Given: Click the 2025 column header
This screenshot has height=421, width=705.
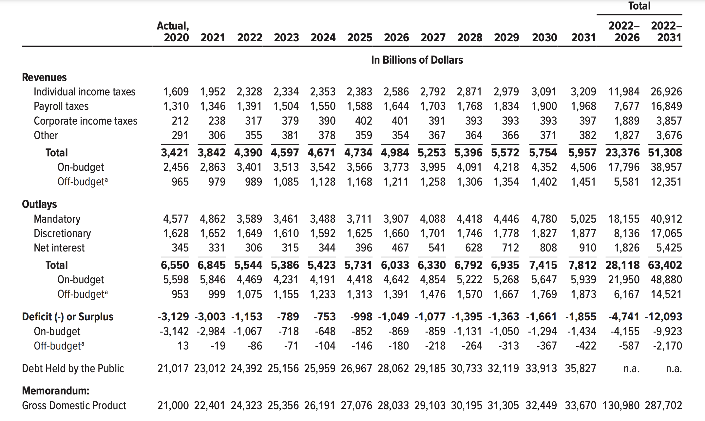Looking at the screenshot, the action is point(360,37).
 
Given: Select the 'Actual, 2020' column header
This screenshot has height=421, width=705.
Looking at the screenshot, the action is point(173,31).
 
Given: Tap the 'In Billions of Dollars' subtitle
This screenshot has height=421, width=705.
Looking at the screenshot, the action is point(417,60).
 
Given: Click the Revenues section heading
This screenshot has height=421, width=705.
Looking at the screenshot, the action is point(44,77).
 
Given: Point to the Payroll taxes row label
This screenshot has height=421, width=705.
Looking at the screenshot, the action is point(61,106).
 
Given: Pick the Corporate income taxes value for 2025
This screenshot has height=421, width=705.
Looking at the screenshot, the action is point(364,121).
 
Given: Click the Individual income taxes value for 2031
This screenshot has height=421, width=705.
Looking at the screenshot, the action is point(583,92).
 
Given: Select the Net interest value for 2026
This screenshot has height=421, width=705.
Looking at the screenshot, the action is point(400,248).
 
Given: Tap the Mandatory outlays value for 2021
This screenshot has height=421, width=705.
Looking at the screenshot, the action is point(213,219).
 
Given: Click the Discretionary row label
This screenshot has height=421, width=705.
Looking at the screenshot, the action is point(62,233).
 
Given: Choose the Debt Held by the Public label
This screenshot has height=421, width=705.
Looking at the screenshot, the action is point(73,369).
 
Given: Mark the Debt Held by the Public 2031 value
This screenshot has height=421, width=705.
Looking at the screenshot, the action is point(581,369).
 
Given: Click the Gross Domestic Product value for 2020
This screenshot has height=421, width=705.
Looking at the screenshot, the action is point(173,406).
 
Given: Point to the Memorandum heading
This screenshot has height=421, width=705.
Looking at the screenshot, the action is point(56,391).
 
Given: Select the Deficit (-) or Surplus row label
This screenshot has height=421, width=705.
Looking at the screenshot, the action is point(67,317).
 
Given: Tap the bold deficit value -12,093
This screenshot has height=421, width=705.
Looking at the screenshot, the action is point(663,317).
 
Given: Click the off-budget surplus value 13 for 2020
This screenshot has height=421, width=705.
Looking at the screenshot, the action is point(183,346).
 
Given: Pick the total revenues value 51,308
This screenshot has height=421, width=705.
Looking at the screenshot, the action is point(665,153).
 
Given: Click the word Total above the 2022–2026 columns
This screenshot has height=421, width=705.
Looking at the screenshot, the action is point(639,6).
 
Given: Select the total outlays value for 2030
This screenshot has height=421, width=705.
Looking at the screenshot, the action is point(543,265).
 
